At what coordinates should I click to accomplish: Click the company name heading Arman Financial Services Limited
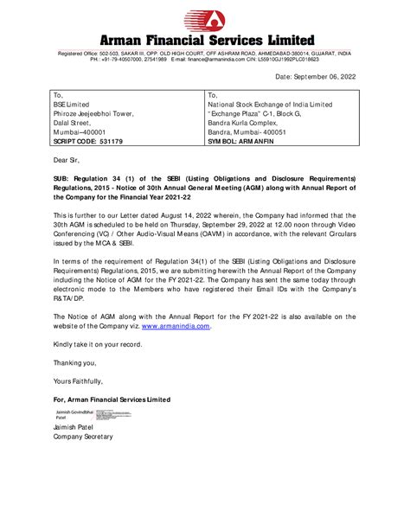tap(204, 41)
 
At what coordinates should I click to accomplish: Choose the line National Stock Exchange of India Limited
tap(270, 105)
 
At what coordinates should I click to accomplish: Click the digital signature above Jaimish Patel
tap(69, 415)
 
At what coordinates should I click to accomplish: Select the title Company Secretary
tap(82, 437)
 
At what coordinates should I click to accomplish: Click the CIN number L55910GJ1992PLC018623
tap(293, 59)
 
